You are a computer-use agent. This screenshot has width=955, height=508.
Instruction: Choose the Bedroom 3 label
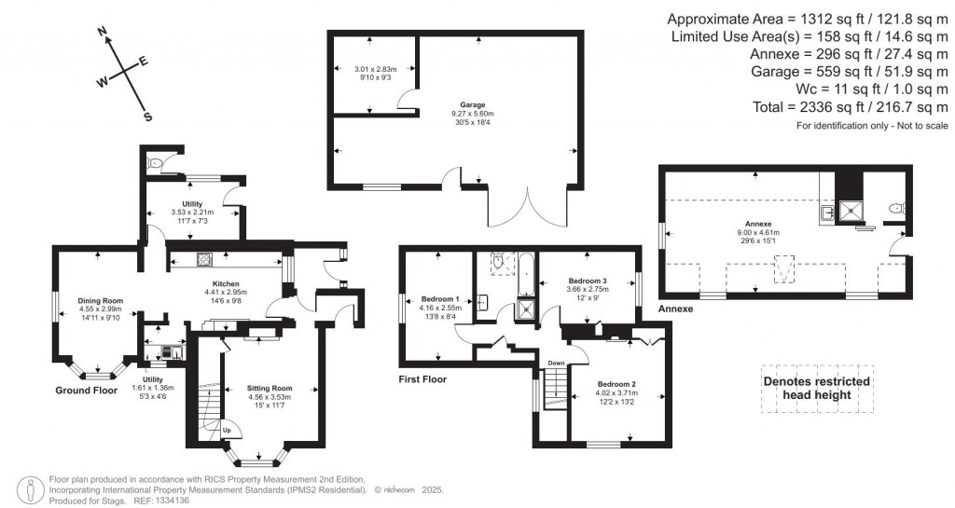(x=588, y=281)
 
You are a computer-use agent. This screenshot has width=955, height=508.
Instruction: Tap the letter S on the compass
(x=147, y=117)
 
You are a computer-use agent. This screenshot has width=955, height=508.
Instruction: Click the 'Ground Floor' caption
(x=86, y=391)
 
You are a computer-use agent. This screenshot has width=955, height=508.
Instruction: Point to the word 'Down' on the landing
(x=555, y=363)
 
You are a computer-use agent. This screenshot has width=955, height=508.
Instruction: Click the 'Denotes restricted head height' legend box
(x=817, y=389)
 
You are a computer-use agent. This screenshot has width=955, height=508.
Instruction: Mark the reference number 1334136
(x=171, y=501)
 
